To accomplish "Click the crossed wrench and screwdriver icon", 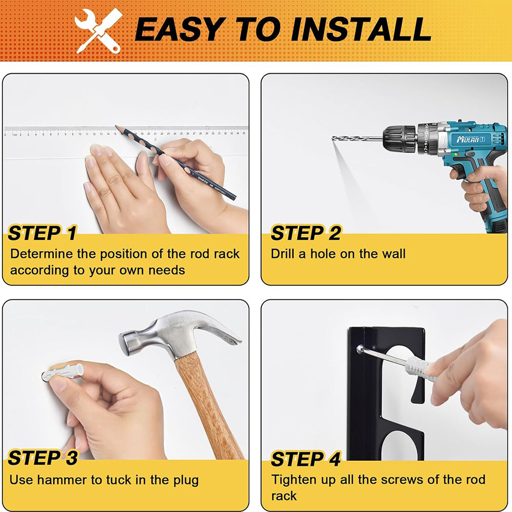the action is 98,31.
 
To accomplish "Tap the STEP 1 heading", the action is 42,233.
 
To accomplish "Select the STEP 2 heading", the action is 306,233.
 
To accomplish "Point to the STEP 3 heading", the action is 43,458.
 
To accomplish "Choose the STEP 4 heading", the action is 306,459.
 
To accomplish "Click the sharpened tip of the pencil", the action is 116,126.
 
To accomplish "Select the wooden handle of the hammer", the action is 209,405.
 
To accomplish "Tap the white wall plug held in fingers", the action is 63,372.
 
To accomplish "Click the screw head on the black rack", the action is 359,350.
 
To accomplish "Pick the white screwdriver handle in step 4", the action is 420,370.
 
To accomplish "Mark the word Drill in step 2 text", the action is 283,254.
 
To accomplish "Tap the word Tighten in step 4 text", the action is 292,480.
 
